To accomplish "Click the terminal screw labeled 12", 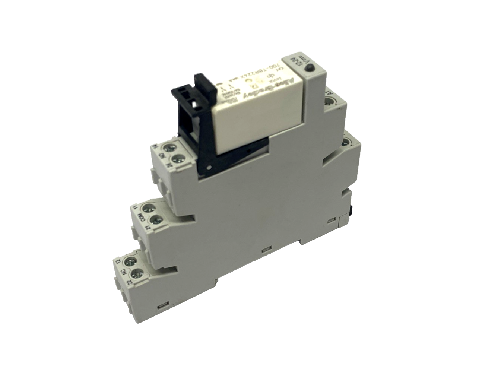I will pyautogui.click(x=130, y=261).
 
